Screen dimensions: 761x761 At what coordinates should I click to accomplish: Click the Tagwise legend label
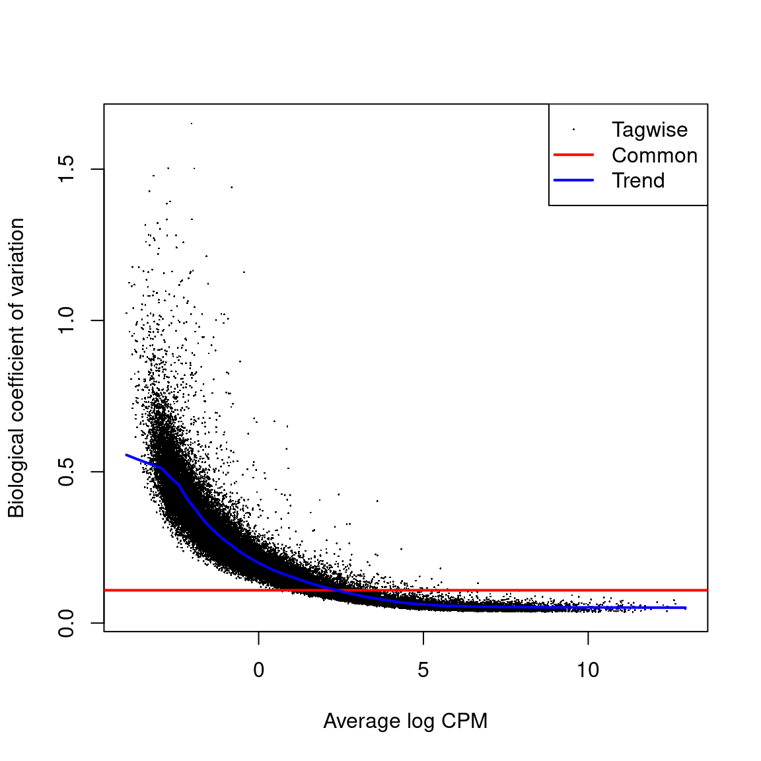(649, 130)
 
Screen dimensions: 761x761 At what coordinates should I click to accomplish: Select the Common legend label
(654, 155)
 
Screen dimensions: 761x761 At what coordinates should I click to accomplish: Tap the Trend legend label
(638, 180)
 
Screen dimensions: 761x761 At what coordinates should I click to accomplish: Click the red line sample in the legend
(573, 155)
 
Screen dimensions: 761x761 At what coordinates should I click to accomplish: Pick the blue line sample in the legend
(573, 180)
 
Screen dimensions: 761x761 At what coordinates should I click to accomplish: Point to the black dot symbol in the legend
(573, 129)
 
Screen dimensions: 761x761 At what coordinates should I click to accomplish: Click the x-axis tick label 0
(258, 670)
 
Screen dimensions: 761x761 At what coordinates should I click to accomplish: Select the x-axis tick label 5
(423, 670)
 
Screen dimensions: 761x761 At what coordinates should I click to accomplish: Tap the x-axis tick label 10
(587, 670)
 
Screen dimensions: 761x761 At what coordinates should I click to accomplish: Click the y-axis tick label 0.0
(67, 623)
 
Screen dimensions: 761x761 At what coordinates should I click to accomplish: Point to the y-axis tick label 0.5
(67, 472)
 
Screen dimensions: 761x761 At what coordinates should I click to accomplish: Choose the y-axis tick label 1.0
(67, 320)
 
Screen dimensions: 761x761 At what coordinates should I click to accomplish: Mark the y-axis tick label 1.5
(67, 169)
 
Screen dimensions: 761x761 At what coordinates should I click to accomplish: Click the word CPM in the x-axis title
(464, 721)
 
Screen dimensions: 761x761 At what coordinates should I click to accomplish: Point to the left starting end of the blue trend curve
(126, 454)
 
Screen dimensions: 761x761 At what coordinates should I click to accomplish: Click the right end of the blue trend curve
(686, 608)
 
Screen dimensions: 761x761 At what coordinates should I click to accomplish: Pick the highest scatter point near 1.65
(192, 123)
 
